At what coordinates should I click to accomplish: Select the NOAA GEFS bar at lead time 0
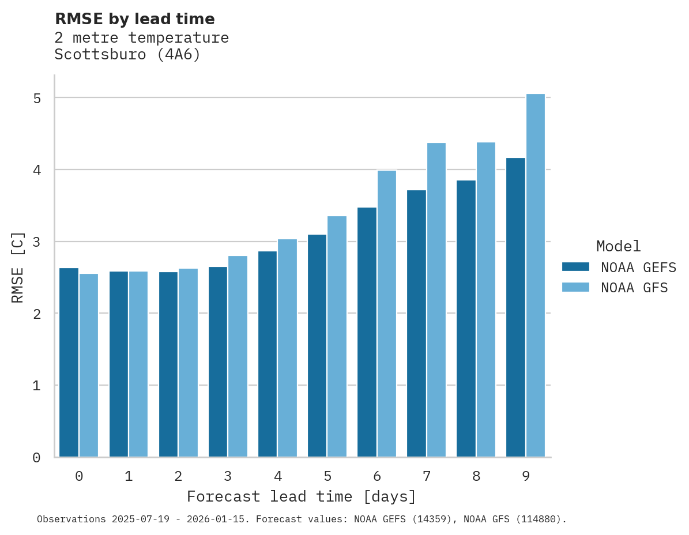click(69, 363)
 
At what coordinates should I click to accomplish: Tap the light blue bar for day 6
click(387, 314)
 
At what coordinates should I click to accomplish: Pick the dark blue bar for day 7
click(416, 323)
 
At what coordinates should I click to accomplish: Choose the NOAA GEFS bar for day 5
click(317, 346)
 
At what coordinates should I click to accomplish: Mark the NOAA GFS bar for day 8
click(486, 300)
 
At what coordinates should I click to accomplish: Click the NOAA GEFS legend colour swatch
click(575, 266)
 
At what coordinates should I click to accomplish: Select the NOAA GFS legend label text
click(634, 288)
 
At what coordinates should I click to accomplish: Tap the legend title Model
click(619, 246)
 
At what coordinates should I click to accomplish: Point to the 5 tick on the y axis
click(37, 98)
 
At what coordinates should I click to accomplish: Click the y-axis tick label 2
click(37, 314)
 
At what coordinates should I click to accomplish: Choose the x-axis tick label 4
click(278, 476)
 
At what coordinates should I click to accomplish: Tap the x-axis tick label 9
click(526, 476)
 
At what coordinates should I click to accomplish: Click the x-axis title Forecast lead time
click(301, 496)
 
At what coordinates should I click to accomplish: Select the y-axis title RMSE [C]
click(18, 267)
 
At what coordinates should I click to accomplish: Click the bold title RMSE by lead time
click(134, 19)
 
